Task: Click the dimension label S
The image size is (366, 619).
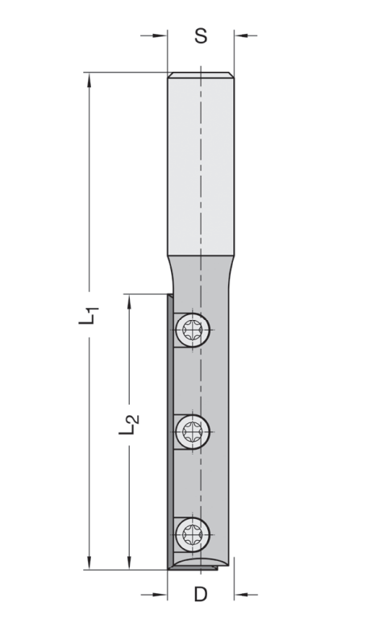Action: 201,35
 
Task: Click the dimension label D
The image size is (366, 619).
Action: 201,594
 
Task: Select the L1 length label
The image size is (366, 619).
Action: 88,315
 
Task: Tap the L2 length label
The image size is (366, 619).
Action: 129,424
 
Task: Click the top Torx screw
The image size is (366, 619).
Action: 193,329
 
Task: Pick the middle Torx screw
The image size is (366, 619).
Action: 193,431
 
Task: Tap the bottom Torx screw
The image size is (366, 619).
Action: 193,534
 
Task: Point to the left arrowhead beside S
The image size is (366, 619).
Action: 160,35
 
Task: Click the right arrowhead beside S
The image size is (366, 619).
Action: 242,35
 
